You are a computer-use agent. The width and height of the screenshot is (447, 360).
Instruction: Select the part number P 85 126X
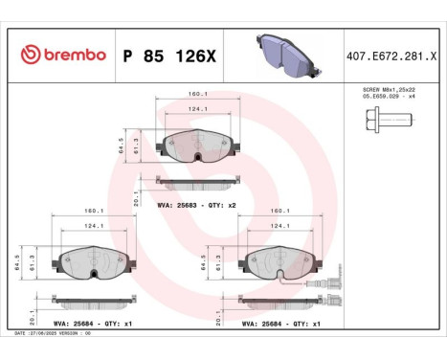(170, 56)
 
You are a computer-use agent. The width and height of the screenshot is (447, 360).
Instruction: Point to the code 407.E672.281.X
(392, 56)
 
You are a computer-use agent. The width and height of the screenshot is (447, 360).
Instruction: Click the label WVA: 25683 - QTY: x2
(195, 205)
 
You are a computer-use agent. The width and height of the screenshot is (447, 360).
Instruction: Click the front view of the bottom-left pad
(94, 259)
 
